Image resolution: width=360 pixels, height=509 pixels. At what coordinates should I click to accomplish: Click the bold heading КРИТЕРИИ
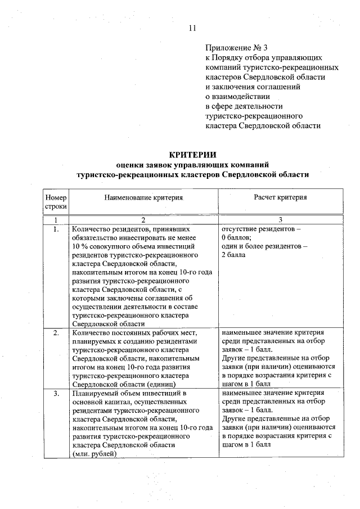pos(193,155)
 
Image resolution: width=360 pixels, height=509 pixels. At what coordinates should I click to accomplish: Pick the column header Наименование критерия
pos(144,198)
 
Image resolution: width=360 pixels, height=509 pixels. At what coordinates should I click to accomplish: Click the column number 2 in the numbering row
pos(143,220)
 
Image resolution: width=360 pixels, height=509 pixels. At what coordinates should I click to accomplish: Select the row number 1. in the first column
pos(56,229)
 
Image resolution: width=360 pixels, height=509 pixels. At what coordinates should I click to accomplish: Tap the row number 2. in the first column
pos(56,333)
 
